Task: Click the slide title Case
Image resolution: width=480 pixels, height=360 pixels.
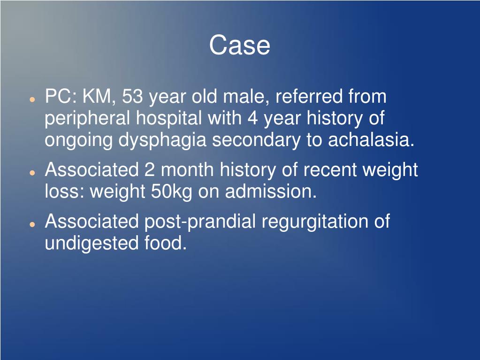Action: click(x=239, y=46)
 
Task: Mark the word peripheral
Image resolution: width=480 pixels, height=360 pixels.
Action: click(x=88, y=119)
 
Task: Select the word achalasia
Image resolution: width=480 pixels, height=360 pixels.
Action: click(x=371, y=140)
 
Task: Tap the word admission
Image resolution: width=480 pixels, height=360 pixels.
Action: click(x=271, y=191)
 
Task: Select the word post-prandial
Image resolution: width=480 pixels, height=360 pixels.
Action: click(x=200, y=222)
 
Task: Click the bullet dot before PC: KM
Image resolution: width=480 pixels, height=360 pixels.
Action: click(x=31, y=100)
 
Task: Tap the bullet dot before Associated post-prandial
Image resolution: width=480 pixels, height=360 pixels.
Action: click(x=31, y=224)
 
